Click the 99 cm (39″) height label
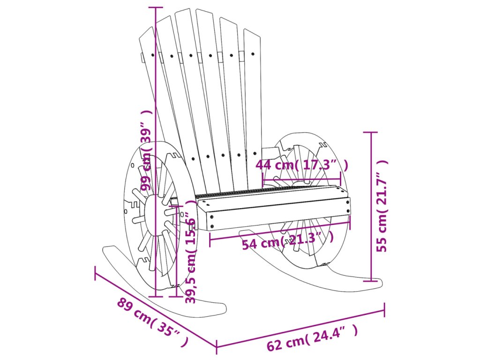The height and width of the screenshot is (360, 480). tap(148, 150)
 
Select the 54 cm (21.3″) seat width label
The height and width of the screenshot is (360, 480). tap(288, 242)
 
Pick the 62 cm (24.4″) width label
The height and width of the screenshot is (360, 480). tap(312, 339)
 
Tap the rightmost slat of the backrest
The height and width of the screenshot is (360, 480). tap(253, 94)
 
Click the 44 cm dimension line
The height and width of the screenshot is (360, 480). tap(302, 179)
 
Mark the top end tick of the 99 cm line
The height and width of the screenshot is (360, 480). tap(155, 7)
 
